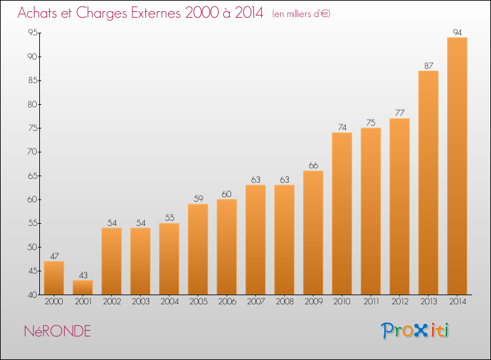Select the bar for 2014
tap(457, 166)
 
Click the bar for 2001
tap(82, 287)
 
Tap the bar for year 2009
tap(313, 232)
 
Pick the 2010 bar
tap(342, 213)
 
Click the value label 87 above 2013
tap(429, 65)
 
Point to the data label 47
tap(54, 256)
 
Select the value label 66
tap(314, 166)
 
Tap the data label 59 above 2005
tap(198, 198)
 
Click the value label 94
tap(457, 32)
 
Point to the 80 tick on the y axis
tap(33, 104)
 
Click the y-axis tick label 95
tap(33, 33)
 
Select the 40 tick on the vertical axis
tap(33, 295)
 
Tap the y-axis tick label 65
tap(33, 175)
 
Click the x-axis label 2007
tap(256, 302)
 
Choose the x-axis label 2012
tap(400, 302)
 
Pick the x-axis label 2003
tap(141, 302)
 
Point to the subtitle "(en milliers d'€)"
tap(301, 14)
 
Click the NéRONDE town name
tap(58, 331)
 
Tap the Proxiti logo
tap(415, 331)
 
